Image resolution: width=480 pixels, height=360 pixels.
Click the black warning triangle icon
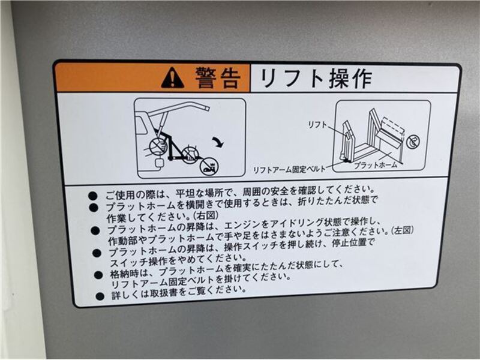click(172, 78)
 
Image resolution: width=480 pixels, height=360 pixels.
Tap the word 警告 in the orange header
click(218, 78)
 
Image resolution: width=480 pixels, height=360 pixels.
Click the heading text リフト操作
click(316, 79)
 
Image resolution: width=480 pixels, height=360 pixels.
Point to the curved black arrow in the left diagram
click(218, 142)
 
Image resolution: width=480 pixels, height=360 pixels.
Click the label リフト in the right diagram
click(317, 125)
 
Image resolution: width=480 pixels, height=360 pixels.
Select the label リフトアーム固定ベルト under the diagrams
click(289, 170)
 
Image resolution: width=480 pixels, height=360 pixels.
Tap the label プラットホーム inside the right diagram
click(376, 165)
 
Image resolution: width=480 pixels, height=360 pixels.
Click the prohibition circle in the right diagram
click(413, 142)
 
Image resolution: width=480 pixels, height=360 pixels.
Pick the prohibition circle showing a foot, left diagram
click(209, 167)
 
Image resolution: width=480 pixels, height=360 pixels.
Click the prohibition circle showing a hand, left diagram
click(158, 146)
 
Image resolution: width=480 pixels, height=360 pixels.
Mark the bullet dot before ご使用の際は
click(92, 196)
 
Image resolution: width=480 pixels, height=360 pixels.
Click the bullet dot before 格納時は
click(98, 275)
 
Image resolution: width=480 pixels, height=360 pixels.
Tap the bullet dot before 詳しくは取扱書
click(100, 296)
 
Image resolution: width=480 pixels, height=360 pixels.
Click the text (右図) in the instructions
click(206, 215)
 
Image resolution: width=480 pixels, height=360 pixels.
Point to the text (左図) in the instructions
click(402, 230)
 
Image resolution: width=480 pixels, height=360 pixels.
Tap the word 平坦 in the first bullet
click(185, 193)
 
